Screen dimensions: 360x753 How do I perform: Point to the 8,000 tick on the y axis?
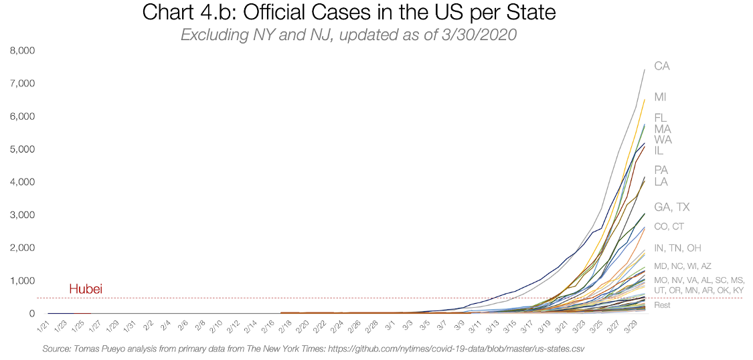click(x=21, y=51)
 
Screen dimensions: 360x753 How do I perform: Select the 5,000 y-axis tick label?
click(x=21, y=149)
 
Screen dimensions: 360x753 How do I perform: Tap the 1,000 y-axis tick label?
click(x=21, y=281)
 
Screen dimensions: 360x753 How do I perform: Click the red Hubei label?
click(x=86, y=289)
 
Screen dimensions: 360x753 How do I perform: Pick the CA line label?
click(x=662, y=66)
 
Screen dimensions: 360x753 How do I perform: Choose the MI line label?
click(x=660, y=97)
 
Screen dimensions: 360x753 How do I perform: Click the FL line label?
click(x=661, y=118)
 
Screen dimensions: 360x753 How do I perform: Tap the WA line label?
click(x=663, y=140)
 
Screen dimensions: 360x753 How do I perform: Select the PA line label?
click(x=661, y=170)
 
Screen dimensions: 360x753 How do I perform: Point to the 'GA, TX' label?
click(x=672, y=207)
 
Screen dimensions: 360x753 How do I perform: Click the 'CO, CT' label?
click(x=669, y=227)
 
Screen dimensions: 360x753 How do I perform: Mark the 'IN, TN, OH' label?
click(x=678, y=248)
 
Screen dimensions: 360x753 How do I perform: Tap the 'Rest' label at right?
click(x=662, y=306)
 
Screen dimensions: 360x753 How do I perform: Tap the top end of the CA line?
click(x=645, y=70)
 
